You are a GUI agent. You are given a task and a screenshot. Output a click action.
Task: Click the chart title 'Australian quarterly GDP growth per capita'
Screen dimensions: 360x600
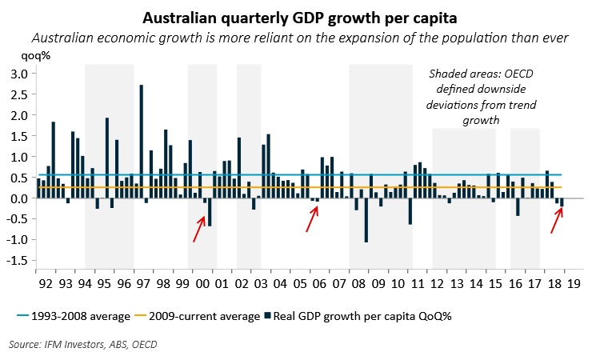click(300, 17)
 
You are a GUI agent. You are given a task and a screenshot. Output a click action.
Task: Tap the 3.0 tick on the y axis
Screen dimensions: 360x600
click(18, 74)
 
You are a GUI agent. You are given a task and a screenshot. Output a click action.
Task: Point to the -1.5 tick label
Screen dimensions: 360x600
click(16, 261)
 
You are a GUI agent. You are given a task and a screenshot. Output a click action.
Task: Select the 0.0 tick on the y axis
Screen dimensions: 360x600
click(18, 198)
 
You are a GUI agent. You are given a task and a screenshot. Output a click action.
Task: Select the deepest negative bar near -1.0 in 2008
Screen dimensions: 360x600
click(366, 220)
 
